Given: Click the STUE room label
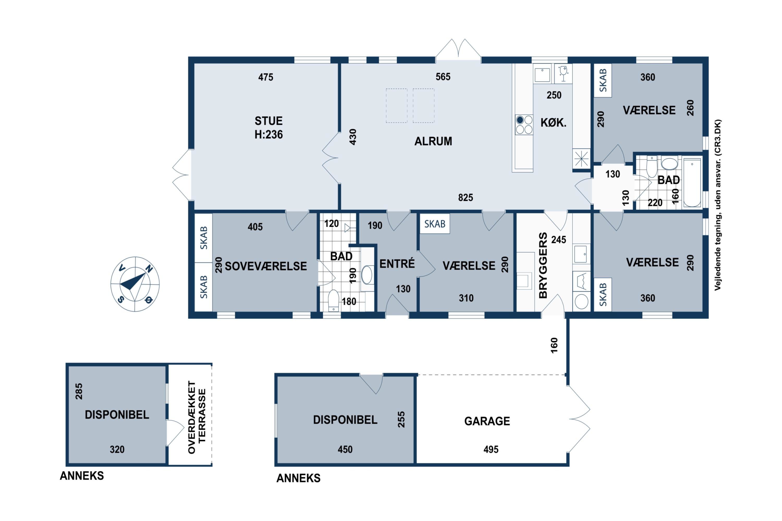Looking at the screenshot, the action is coord(269,121).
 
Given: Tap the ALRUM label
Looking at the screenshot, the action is coord(433,141).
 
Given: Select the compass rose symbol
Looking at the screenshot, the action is coord(135,284).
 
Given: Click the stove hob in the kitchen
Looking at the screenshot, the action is coord(524,125).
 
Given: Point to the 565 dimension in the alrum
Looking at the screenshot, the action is coord(443,77).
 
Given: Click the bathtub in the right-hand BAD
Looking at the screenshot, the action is coord(692,183).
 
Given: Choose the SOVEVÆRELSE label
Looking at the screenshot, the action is coord(266,266).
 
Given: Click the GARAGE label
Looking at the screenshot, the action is coord(487,421).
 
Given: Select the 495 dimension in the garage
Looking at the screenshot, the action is coord(491,450).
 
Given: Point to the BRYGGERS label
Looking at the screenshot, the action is coord(543,265).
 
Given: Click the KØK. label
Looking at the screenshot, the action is coord(553,123).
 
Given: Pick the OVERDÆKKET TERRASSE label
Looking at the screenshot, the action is coord(197,417).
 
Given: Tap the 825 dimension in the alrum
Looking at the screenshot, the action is coord(466,198).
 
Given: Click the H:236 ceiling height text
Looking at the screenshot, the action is coord(269,135).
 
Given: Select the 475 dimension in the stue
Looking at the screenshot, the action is coord(266,77).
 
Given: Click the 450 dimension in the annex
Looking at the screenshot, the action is coord(345,450).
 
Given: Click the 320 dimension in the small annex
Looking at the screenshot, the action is coord(117,450).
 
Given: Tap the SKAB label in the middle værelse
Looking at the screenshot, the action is coord(435,224).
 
